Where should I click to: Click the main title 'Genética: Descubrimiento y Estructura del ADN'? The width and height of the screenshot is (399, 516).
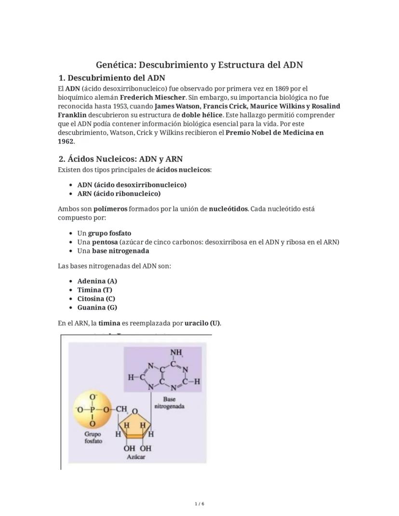click(199, 65)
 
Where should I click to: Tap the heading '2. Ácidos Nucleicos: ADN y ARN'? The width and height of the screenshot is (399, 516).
click(120, 159)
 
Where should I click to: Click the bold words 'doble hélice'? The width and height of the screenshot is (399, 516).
click(202, 115)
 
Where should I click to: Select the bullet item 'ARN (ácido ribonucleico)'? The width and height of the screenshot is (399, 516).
click(119, 194)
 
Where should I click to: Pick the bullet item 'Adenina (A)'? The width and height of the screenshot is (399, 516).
click(97, 281)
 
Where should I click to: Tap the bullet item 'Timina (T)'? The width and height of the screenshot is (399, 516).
click(94, 290)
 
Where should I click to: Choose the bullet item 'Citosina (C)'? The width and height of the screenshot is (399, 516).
click(96, 299)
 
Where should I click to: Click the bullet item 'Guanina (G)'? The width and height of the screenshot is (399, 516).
click(97, 307)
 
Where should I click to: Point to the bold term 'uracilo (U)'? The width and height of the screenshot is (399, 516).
click(202, 323)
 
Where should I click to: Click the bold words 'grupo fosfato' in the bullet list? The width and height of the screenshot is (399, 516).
click(109, 233)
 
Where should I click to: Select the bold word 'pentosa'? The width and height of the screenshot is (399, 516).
click(105, 242)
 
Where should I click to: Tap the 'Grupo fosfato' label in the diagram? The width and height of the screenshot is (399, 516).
click(93, 437)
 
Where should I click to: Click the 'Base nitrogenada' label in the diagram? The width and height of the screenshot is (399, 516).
click(169, 403)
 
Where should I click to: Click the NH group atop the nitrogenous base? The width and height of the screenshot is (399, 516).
click(176, 352)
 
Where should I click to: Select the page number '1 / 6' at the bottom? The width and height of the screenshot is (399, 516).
click(199, 504)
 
